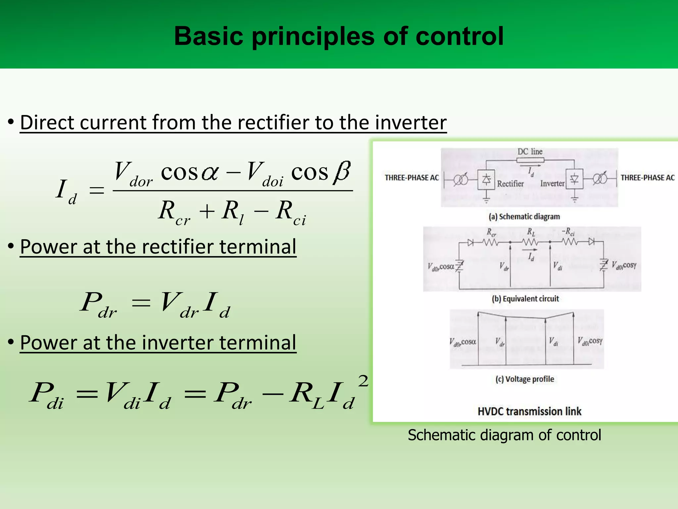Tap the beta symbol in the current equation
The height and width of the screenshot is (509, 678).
click(342, 172)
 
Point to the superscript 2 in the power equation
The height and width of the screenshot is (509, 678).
click(363, 381)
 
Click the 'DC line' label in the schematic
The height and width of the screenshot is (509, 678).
click(530, 152)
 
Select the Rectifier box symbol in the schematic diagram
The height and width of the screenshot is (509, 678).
click(486, 180)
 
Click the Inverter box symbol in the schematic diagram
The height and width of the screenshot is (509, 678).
click(574, 179)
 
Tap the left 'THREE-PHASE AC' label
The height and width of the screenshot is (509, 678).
click(412, 178)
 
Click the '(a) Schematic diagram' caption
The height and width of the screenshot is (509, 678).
click(524, 217)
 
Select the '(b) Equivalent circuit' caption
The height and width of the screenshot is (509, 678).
click(525, 299)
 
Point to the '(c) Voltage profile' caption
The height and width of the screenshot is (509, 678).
click(524, 379)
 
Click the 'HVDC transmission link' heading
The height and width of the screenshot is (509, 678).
click(529, 412)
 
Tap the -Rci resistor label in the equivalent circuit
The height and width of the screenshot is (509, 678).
click(568, 232)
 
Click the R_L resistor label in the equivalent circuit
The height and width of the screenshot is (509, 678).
click(531, 232)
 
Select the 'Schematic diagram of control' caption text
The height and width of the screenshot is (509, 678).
click(504, 435)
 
